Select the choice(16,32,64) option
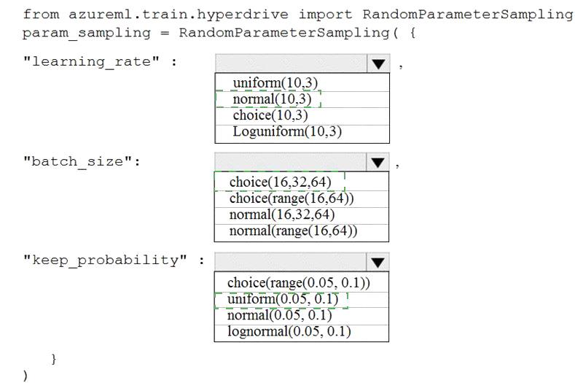tap(280, 182)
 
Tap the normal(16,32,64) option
tap(281, 214)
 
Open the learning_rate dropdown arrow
tap(378, 64)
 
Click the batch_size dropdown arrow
tap(378, 162)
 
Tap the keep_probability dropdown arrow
tap(378, 262)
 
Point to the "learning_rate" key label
tap(91, 61)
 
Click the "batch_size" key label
tap(77, 161)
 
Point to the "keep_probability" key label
tap(105, 260)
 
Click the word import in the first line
tap(325, 15)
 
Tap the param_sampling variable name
tap(87, 33)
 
